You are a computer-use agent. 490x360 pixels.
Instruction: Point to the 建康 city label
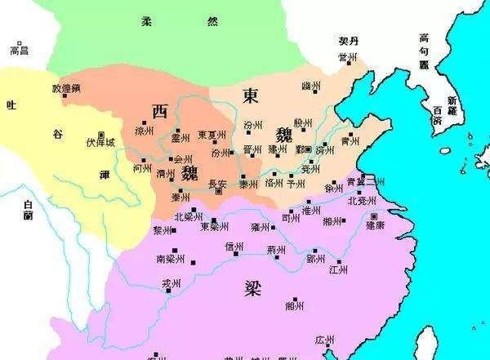[x=376, y=222]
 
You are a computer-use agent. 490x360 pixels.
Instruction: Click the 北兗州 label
[x=363, y=201]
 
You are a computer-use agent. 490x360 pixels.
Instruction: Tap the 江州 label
[x=338, y=268]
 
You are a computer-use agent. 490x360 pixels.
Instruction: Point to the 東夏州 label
[x=212, y=135]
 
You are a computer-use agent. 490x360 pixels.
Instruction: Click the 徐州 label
[x=333, y=188]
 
